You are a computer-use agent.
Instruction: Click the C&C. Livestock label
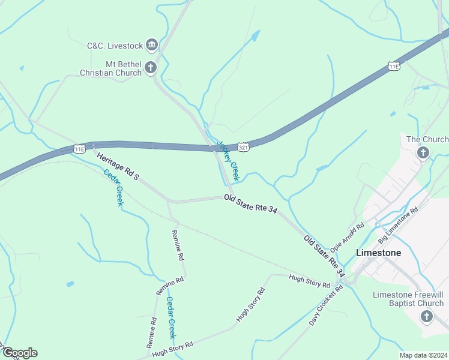click(115, 46)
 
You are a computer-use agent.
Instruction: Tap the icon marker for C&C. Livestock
click(151, 45)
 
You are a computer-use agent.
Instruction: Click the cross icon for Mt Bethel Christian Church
click(151, 67)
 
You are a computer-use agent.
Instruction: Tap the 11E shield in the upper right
click(394, 66)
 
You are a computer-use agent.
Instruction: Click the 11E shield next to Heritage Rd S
click(79, 148)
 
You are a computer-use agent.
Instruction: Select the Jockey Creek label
click(228, 161)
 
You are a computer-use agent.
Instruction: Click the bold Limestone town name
click(378, 253)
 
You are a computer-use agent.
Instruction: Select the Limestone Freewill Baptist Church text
click(408, 299)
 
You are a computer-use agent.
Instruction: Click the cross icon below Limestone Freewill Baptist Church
click(427, 316)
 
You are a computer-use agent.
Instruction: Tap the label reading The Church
click(427, 139)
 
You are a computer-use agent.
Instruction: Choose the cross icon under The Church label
click(423, 153)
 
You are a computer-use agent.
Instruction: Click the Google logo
click(19, 353)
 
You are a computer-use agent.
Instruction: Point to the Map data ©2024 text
click(423, 355)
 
